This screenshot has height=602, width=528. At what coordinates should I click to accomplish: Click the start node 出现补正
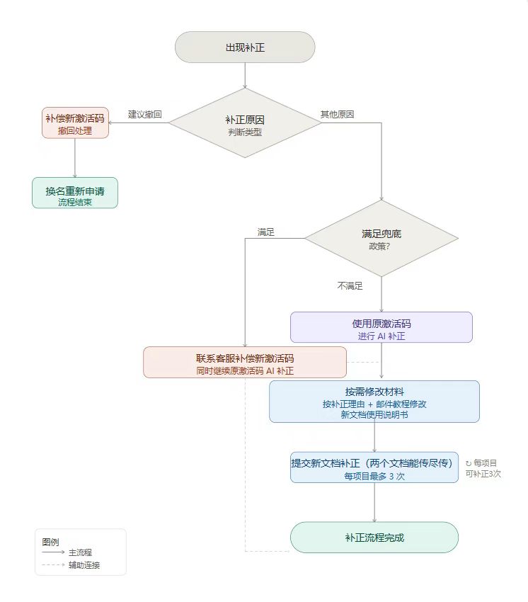point(245,47)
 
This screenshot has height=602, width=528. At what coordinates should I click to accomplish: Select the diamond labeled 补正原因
point(245,123)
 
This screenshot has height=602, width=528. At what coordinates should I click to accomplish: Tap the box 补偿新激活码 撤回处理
point(75,123)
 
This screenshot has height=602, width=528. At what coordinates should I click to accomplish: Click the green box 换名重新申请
point(75,193)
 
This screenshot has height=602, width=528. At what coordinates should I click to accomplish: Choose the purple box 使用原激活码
point(381,327)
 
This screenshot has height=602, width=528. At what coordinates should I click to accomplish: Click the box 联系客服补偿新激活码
point(245,362)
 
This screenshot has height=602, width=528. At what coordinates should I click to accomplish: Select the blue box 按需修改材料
point(374,402)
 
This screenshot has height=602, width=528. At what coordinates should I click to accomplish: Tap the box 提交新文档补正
point(374,467)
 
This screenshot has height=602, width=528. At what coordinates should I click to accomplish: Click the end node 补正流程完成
point(374,538)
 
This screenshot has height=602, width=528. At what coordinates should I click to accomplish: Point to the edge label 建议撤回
point(145,114)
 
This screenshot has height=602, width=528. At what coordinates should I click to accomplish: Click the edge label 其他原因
point(337,114)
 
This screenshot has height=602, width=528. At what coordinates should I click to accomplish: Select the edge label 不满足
point(350,286)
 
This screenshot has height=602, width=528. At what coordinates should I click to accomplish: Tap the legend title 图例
point(50,541)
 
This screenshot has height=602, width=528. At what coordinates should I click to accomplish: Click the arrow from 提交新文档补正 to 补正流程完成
point(374,502)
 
